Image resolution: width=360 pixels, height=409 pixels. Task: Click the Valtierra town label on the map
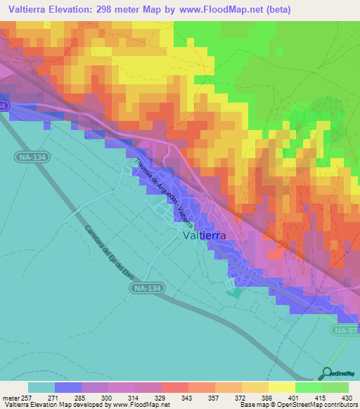coord(204,237)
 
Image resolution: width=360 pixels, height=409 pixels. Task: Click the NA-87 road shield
coord(345,330)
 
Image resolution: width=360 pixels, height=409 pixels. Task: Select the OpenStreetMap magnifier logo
coord(326,373)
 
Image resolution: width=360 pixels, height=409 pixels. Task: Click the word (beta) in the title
coord(273,9)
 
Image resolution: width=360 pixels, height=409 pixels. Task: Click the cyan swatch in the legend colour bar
coord(41,387)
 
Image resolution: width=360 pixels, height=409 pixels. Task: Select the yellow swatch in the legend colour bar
coord(281,387)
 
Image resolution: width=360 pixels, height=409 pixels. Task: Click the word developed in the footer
coord(88,404)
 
